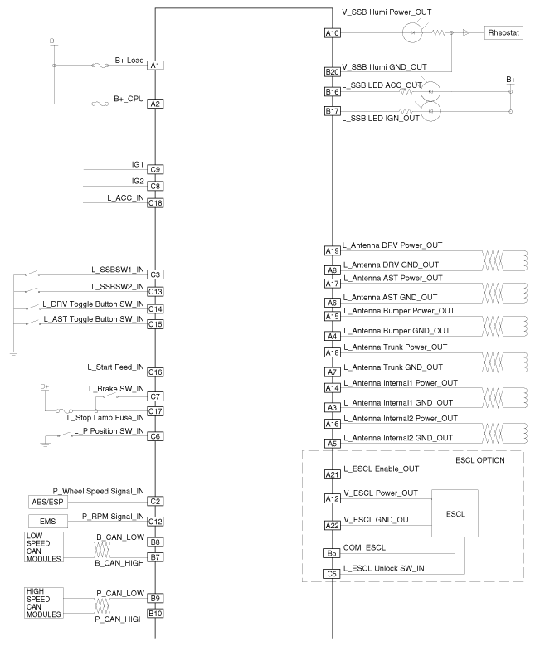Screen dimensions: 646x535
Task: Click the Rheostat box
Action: coord(503,33)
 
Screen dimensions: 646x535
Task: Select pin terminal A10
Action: coord(332,33)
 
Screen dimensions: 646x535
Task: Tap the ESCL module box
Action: coord(455,513)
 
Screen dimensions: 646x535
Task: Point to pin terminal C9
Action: coord(155,170)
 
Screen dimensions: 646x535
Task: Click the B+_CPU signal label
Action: coord(129,98)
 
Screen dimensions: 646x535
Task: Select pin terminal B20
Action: coord(332,72)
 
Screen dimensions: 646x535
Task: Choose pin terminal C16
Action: coord(155,372)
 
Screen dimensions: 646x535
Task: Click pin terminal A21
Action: coord(332,474)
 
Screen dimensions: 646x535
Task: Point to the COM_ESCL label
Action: coord(364,547)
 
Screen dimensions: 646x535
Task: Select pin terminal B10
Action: coord(155,614)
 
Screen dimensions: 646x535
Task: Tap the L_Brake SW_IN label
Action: coord(116,388)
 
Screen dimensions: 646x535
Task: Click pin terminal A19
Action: coord(332,250)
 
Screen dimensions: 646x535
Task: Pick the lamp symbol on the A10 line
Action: coord(414,33)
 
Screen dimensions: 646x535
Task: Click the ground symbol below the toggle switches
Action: coord(13,352)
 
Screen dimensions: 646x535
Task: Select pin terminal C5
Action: coord(332,573)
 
